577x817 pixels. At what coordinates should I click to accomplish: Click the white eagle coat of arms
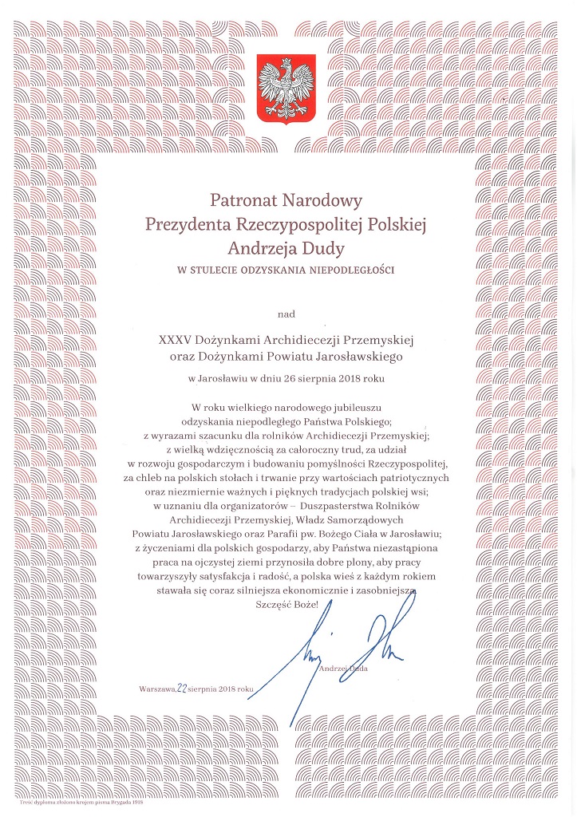click(x=287, y=89)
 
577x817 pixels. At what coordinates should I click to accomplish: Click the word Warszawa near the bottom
click(x=156, y=688)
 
